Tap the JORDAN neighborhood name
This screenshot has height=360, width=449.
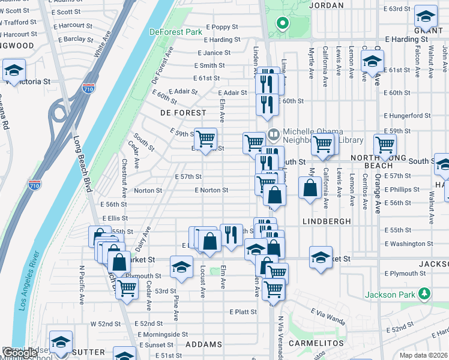point(327,5)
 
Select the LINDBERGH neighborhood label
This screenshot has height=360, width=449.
point(327,221)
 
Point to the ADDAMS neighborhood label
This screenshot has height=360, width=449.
point(203,345)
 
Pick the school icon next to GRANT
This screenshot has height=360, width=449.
point(426,16)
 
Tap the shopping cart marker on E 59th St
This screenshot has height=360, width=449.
point(206,139)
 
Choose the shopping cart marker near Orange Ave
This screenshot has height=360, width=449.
point(385,145)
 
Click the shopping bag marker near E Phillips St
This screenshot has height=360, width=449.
point(310,188)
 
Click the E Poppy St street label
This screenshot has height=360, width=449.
point(222,27)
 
